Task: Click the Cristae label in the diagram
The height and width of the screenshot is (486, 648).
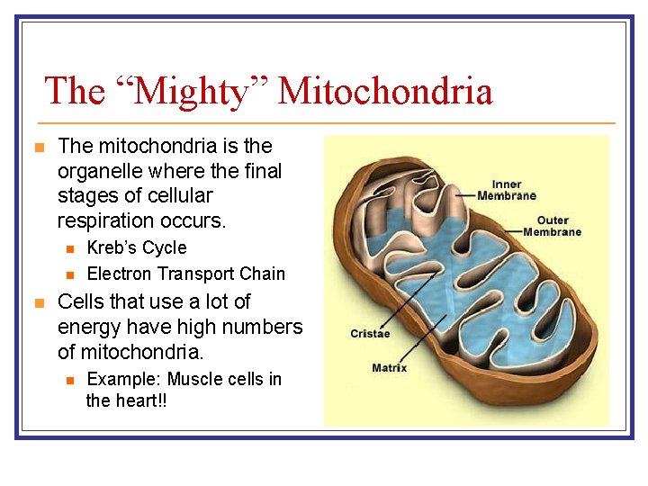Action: coord(370,334)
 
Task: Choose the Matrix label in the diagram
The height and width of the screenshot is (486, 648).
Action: coord(389,367)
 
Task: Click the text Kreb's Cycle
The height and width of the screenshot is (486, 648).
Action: coord(137,247)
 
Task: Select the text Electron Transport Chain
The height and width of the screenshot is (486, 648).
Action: coord(185,274)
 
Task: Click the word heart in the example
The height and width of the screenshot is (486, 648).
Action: coord(134,400)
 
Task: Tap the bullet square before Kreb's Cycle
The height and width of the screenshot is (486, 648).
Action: coord(68,248)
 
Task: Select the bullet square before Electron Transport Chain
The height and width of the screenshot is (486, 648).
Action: coord(68,274)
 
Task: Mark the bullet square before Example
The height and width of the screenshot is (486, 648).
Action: coord(68,380)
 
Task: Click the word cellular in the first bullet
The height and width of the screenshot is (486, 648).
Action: coord(179,196)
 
